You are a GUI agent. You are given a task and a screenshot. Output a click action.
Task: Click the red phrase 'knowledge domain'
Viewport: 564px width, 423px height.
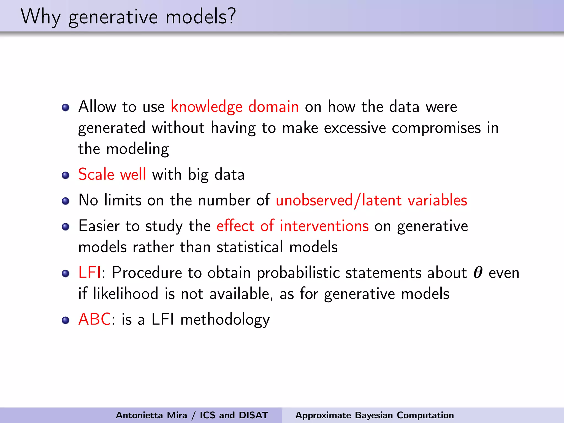click(x=235, y=107)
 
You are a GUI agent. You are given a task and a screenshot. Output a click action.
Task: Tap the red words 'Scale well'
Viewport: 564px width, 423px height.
click(x=112, y=174)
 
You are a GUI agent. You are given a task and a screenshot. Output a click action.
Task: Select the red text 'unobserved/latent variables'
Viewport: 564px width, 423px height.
click(x=371, y=200)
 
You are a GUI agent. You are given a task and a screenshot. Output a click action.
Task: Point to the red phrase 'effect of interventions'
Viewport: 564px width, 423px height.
click(x=292, y=226)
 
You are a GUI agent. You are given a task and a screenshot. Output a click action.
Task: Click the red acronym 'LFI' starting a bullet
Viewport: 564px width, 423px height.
click(x=90, y=273)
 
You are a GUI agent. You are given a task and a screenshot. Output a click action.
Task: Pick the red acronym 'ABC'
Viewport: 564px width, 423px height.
click(x=95, y=319)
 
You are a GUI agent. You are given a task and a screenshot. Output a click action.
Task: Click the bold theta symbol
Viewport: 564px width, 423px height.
click(x=478, y=273)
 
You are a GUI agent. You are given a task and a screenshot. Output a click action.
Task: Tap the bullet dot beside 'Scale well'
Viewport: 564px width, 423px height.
click(x=66, y=175)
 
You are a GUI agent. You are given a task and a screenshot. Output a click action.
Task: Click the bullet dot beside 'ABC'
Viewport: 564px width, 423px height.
click(x=66, y=320)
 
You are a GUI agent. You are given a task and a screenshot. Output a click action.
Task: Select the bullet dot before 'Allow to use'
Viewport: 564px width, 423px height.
click(x=66, y=107)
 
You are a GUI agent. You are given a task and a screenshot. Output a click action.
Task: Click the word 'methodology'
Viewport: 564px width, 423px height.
click(x=225, y=320)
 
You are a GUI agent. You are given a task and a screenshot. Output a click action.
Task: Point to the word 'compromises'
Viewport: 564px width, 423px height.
click(x=436, y=128)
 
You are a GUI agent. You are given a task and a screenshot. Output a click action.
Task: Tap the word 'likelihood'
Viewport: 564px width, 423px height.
click(x=126, y=294)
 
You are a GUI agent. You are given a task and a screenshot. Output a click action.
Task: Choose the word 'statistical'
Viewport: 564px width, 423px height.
click(x=250, y=247)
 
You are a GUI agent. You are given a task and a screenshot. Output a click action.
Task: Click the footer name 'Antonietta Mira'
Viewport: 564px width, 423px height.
click(x=151, y=415)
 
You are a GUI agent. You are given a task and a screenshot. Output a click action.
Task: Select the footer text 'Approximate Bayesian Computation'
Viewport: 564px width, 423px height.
click(x=375, y=415)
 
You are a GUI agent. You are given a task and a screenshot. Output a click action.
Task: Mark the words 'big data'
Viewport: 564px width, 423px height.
click(x=216, y=175)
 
